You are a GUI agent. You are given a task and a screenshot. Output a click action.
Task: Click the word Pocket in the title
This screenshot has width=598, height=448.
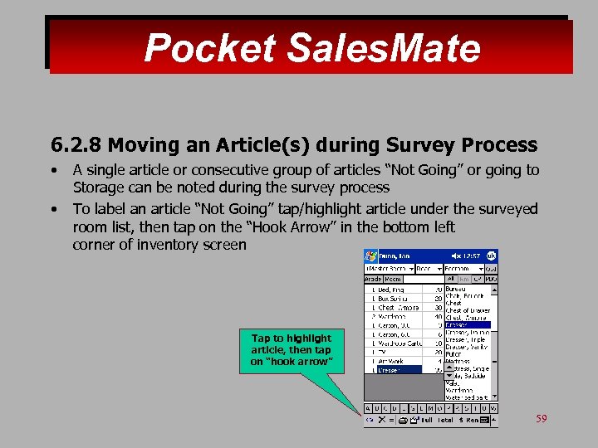209,48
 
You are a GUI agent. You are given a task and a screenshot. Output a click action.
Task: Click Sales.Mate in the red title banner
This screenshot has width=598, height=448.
384,48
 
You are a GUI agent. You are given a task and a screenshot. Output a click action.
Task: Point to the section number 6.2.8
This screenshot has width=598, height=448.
76,145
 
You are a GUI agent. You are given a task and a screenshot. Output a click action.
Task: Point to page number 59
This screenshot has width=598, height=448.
542,419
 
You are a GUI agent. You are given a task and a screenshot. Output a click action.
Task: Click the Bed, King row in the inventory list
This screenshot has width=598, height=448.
395,290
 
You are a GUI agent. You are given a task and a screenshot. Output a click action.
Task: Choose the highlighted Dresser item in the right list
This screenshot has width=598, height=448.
468,324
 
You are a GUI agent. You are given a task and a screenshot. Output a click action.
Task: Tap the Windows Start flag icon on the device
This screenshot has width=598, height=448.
370,256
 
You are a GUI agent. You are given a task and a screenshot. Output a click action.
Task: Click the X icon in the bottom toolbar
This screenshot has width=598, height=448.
382,421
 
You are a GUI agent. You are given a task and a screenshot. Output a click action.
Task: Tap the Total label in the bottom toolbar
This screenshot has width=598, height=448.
446,421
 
